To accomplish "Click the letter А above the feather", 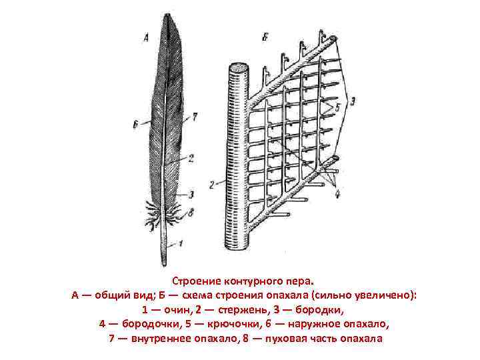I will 145,39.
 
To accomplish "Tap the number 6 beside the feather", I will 135,123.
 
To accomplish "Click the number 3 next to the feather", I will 191,194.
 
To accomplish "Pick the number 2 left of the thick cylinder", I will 211,183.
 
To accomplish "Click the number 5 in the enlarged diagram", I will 337,106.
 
